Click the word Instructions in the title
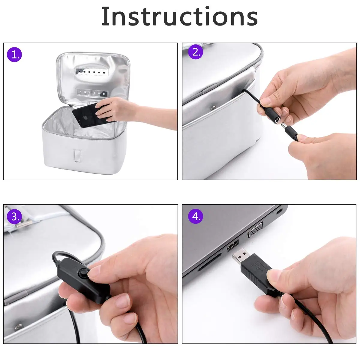tap(179, 16)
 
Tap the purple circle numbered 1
tap(14, 55)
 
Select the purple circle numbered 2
tap(195, 52)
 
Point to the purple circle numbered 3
tap(14, 217)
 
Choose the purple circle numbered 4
tap(195, 216)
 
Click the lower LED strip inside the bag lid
tap(92, 92)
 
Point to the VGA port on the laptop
tap(255, 229)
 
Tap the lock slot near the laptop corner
tap(279, 212)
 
